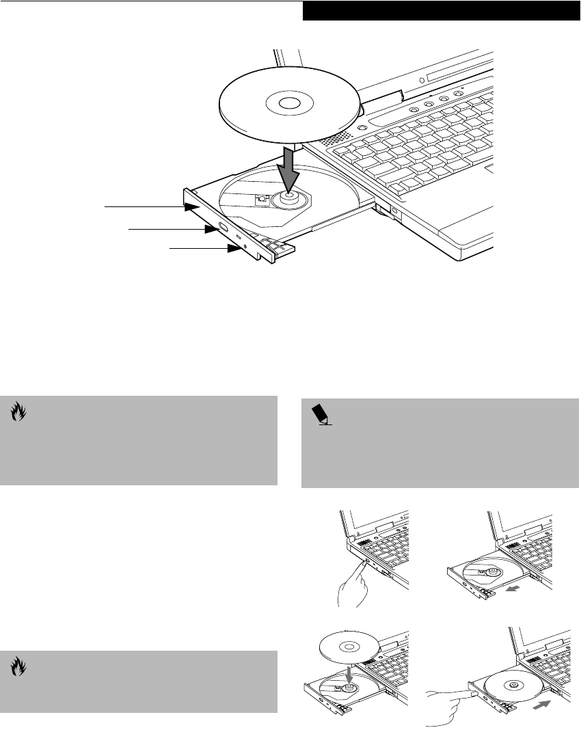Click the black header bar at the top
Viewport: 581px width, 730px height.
(441, 11)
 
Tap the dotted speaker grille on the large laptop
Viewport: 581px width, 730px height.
(334, 141)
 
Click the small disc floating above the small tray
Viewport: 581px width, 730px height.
(350, 643)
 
